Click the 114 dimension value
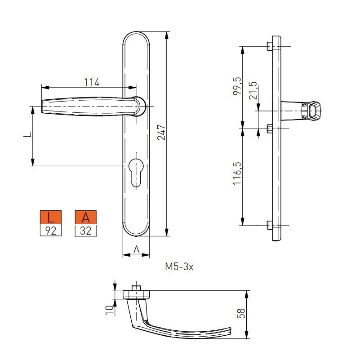[x=91, y=82]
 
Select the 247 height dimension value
[x=161, y=132]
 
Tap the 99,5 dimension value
[x=237, y=86]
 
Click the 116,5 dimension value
[x=237, y=174]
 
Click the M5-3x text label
[x=179, y=267]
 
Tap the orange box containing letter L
[x=51, y=218]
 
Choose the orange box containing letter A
[x=86, y=218]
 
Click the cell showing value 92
[x=51, y=231]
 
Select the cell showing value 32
[x=86, y=231]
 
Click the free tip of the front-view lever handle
[x=44, y=107]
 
